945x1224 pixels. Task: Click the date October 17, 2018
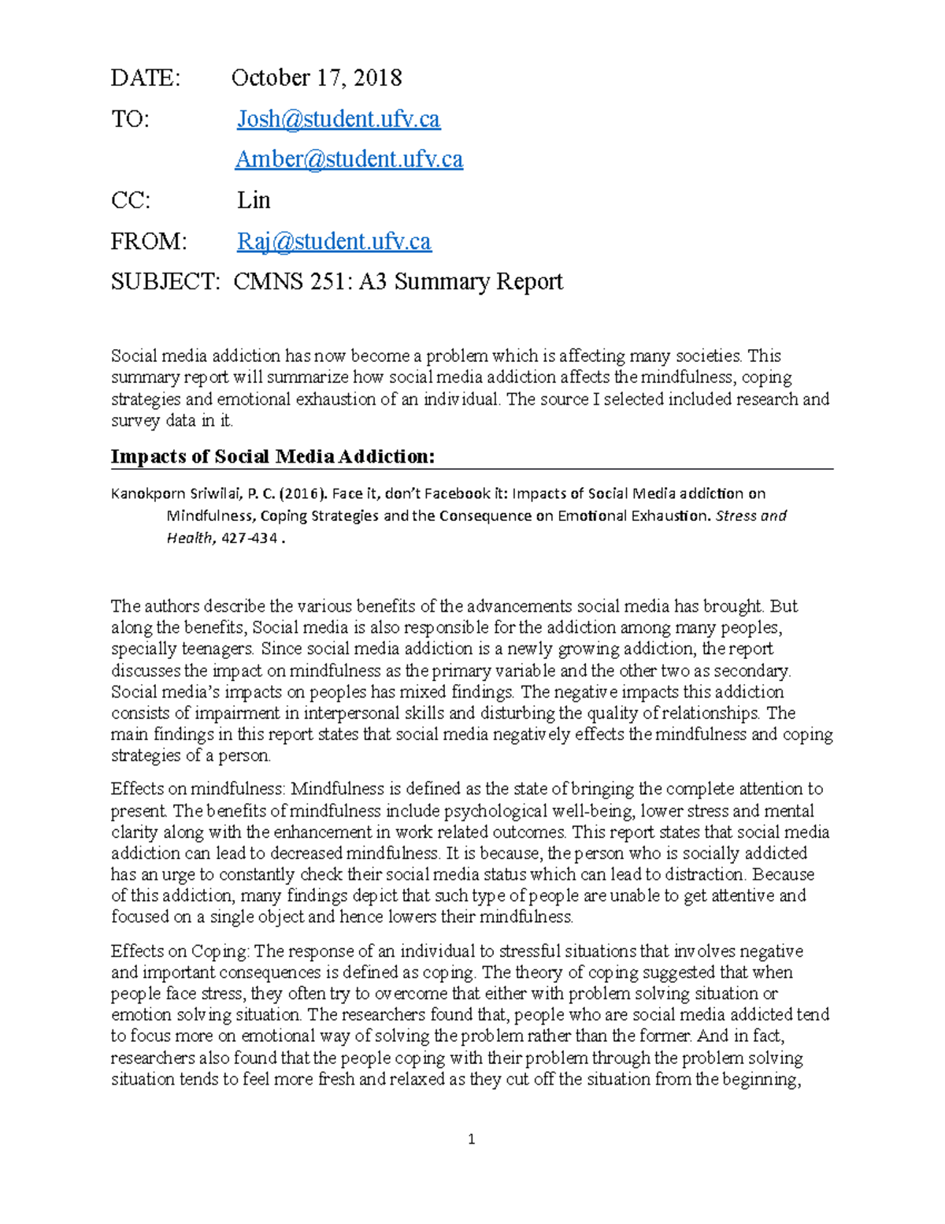(x=316, y=78)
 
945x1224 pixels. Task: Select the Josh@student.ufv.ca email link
(x=339, y=119)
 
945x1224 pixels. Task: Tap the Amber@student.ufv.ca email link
(x=349, y=159)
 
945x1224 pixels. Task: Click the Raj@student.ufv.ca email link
(x=334, y=241)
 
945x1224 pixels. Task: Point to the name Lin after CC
(x=254, y=200)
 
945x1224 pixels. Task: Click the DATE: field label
(x=146, y=78)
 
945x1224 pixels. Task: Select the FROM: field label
(x=149, y=241)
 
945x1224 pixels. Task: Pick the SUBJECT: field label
(x=165, y=282)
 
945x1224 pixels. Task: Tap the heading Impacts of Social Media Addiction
(x=272, y=456)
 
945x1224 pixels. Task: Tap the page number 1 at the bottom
(x=471, y=1139)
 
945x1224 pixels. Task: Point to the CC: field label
(x=130, y=200)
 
